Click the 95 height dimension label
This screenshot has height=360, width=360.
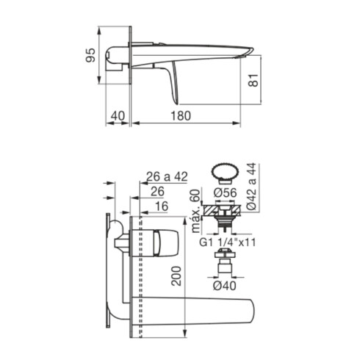point(90,55)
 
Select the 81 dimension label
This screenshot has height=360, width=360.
point(253,80)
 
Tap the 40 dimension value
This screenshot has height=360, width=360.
point(118,116)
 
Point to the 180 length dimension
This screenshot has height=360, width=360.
point(181,116)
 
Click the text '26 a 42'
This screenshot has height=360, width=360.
point(167,176)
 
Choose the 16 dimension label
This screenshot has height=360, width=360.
point(162,206)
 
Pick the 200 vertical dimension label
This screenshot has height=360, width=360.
point(176,276)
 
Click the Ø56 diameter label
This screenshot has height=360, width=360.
point(225,192)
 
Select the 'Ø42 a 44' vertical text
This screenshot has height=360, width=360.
point(251,187)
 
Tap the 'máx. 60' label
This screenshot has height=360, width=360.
point(195,211)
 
